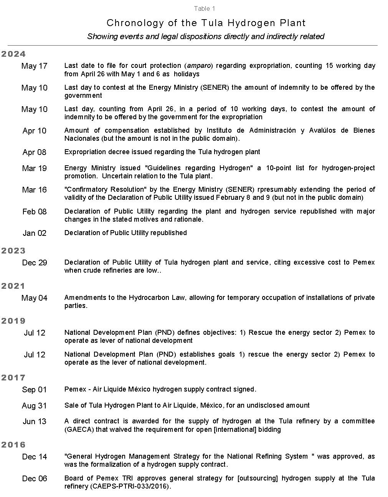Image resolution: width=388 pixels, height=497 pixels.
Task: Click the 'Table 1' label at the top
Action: coord(205,8)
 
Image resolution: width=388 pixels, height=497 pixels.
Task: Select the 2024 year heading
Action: coord(13,54)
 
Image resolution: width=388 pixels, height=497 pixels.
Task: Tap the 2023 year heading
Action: coord(13,251)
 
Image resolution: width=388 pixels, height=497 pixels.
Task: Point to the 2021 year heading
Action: coord(13,286)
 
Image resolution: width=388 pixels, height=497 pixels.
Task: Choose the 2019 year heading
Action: coord(13,321)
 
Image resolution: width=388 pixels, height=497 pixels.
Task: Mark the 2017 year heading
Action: coord(13,378)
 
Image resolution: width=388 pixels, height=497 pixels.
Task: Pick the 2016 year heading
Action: coord(13,445)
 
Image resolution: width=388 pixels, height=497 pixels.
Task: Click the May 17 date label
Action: coord(35,66)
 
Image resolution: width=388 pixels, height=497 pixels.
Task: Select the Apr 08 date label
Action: coord(35,152)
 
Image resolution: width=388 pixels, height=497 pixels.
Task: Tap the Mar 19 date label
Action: coord(35,168)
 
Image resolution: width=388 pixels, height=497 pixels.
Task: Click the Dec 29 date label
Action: coord(35,263)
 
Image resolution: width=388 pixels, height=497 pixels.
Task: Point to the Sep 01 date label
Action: coord(34,390)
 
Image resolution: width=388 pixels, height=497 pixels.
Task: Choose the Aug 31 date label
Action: coord(34,406)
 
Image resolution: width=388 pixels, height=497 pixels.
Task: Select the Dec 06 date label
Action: coord(35,479)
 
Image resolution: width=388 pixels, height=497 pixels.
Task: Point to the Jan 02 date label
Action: coord(35,233)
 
